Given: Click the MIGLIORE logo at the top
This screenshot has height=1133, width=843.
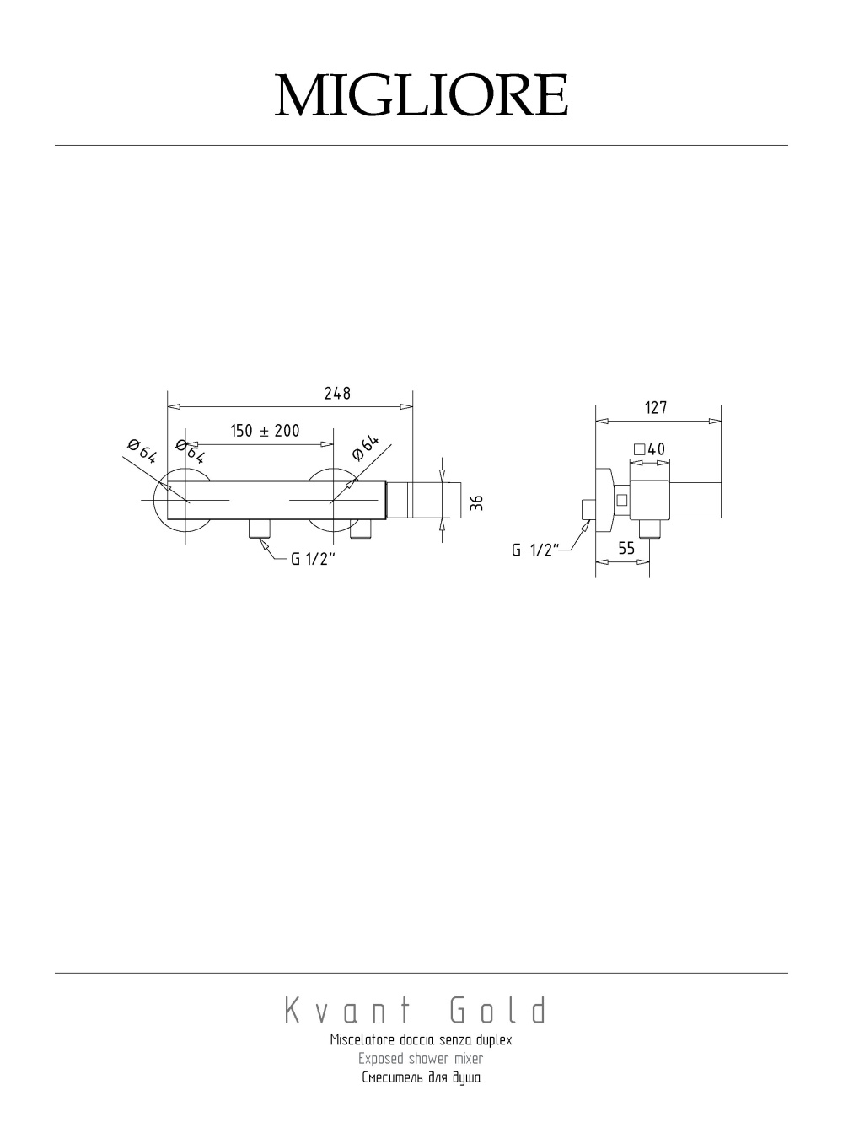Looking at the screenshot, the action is click(421, 95).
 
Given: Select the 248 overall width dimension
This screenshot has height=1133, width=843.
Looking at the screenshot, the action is click(337, 394).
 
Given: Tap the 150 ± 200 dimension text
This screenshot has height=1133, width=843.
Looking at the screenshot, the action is click(266, 431).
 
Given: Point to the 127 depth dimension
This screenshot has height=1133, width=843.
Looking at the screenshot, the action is click(656, 408).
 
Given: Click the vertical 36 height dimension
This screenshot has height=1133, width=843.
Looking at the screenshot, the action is click(476, 502).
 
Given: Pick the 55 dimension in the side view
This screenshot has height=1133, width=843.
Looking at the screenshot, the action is click(626, 548).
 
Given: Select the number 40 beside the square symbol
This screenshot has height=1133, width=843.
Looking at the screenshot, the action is click(657, 449).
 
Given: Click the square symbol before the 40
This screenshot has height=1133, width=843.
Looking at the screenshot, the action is click(639, 449).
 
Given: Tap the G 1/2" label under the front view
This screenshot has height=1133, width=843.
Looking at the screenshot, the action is click(313, 559).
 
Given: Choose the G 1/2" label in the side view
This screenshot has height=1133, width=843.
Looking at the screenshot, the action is click(535, 550).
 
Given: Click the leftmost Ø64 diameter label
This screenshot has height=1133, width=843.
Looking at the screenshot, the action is click(142, 451).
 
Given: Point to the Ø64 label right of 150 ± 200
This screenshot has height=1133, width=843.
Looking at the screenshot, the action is click(366, 447).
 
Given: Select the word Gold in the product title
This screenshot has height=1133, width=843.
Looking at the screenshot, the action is click(498, 1011).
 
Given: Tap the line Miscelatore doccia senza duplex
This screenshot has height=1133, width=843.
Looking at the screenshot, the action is click(421, 1039).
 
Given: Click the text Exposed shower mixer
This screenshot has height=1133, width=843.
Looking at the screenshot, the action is click(421, 1058).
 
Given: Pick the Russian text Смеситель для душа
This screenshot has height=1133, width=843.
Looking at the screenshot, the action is click(421, 1077).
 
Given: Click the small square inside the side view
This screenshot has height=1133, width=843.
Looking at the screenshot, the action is click(622, 500).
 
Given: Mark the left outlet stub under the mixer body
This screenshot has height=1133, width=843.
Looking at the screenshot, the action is click(260, 529).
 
